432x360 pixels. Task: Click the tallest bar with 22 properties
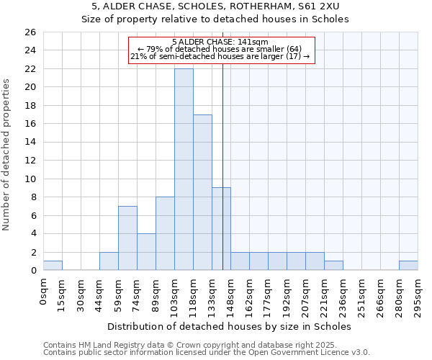click(x=184, y=169)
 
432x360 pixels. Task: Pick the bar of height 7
click(x=127, y=238)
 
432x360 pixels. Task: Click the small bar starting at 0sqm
click(x=53, y=266)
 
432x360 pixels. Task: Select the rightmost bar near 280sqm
click(x=408, y=266)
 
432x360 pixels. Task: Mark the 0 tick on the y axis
click(x=32, y=271)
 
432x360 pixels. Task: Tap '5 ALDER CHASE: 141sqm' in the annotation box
click(x=220, y=42)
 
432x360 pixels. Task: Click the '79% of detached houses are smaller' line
click(x=220, y=49)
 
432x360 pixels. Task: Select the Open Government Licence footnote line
click(x=207, y=353)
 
